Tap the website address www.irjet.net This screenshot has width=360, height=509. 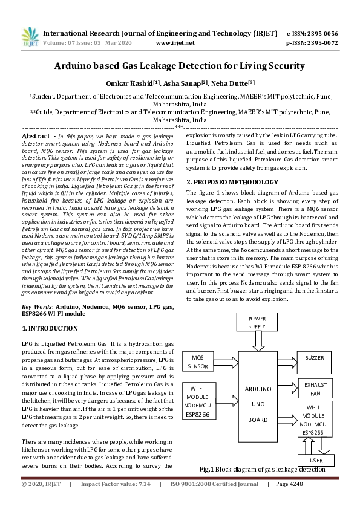click(175, 43)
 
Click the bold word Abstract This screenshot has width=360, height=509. click(35, 137)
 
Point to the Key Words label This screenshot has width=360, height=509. click(38, 308)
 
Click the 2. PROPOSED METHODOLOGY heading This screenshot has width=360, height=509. click(232, 182)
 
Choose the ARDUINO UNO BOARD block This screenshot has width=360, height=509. click(262, 396)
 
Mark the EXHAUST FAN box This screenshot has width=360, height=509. click(315, 388)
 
